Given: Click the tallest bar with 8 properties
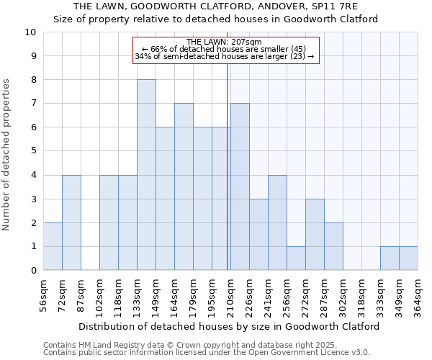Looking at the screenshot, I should point(146,175).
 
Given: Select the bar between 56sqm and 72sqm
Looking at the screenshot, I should point(53,246).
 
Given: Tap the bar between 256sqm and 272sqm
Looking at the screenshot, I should point(296,258).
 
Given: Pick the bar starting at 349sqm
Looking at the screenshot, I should point(408,258).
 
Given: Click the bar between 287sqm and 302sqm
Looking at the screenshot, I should point(333,246).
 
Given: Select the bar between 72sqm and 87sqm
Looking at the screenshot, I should point(71,222).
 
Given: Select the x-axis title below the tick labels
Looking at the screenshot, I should point(229,326).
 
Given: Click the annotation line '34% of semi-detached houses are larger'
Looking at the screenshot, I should point(224,56).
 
